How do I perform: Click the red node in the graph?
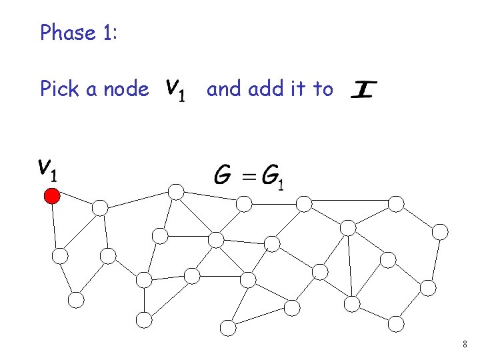click(52, 196)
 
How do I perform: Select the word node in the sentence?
click(127, 89)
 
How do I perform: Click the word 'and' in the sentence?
click(224, 88)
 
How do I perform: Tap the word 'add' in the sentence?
click(265, 88)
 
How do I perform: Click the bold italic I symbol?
click(363, 89)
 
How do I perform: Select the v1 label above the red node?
click(47, 170)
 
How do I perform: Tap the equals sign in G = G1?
click(249, 176)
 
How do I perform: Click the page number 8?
click(465, 345)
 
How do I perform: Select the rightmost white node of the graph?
click(440, 232)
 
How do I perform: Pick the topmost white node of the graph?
click(176, 192)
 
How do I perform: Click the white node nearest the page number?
click(396, 324)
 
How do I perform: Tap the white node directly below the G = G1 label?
click(245, 203)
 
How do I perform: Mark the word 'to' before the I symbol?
click(322, 88)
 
